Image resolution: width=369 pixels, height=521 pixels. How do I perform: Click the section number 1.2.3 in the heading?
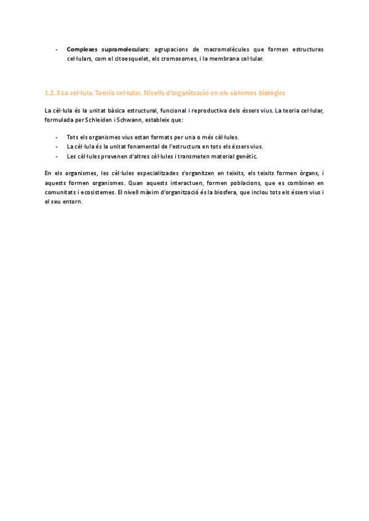coord(52,93)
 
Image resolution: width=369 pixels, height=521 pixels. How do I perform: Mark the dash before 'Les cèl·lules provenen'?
coord(57,156)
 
